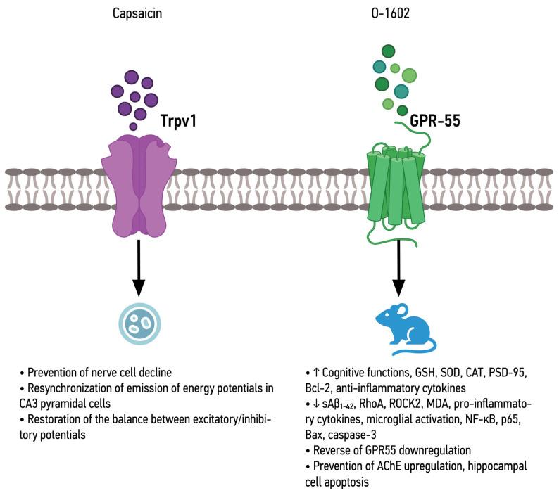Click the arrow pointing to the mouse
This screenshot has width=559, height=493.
tap(398, 267)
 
